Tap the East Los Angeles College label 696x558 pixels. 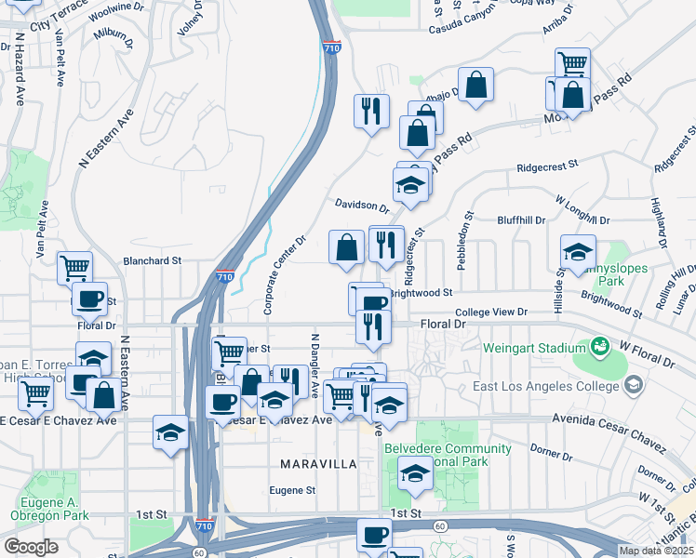click(557, 385)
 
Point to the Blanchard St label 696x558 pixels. click(152, 262)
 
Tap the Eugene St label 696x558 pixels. click(293, 489)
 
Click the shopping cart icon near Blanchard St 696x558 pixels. click(75, 269)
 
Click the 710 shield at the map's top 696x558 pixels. click(332, 46)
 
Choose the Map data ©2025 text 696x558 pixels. click(655, 551)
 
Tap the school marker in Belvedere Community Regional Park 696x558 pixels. click(415, 474)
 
